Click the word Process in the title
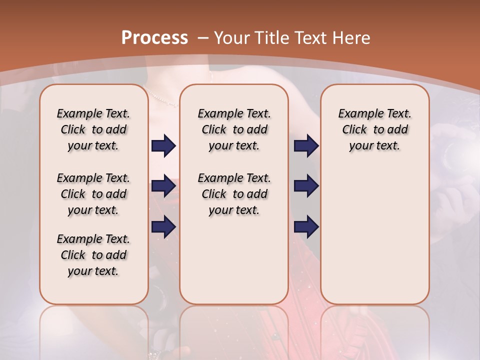pyautogui.click(x=154, y=37)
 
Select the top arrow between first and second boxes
pyautogui.click(x=163, y=146)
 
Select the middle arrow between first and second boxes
pyautogui.click(x=163, y=186)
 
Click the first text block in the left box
pyautogui.click(x=93, y=129)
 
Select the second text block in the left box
pyautogui.click(x=93, y=194)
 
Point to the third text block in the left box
pyautogui.click(x=93, y=255)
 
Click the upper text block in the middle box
pyautogui.click(x=234, y=129)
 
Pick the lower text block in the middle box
pyautogui.click(x=234, y=194)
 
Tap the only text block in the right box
pyautogui.click(x=374, y=129)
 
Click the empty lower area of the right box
pyautogui.click(x=374, y=240)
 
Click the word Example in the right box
pyautogui.click(x=356, y=114)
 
